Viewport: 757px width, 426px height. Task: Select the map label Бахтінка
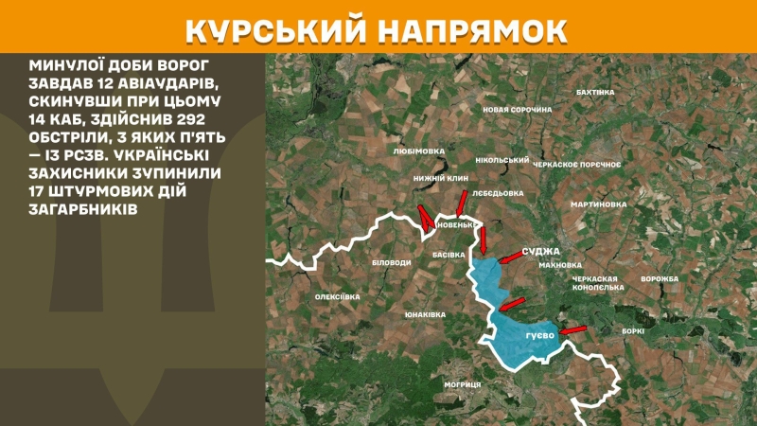[x=595, y=92]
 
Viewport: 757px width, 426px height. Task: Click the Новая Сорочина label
[x=517, y=110]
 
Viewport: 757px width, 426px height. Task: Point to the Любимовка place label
[x=418, y=150]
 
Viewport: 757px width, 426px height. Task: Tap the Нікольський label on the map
[x=502, y=160]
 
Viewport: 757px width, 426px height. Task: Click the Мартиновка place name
[x=598, y=204]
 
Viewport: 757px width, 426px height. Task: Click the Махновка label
[x=560, y=265]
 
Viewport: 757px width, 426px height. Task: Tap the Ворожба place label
[x=660, y=279]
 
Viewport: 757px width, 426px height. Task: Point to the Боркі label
[x=634, y=330]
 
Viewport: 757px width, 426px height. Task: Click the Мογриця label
[x=463, y=384]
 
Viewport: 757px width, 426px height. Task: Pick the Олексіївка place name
[x=338, y=297]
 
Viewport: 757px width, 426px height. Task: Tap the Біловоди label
[x=392, y=261]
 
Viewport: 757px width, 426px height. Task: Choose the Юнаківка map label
[x=424, y=313]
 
